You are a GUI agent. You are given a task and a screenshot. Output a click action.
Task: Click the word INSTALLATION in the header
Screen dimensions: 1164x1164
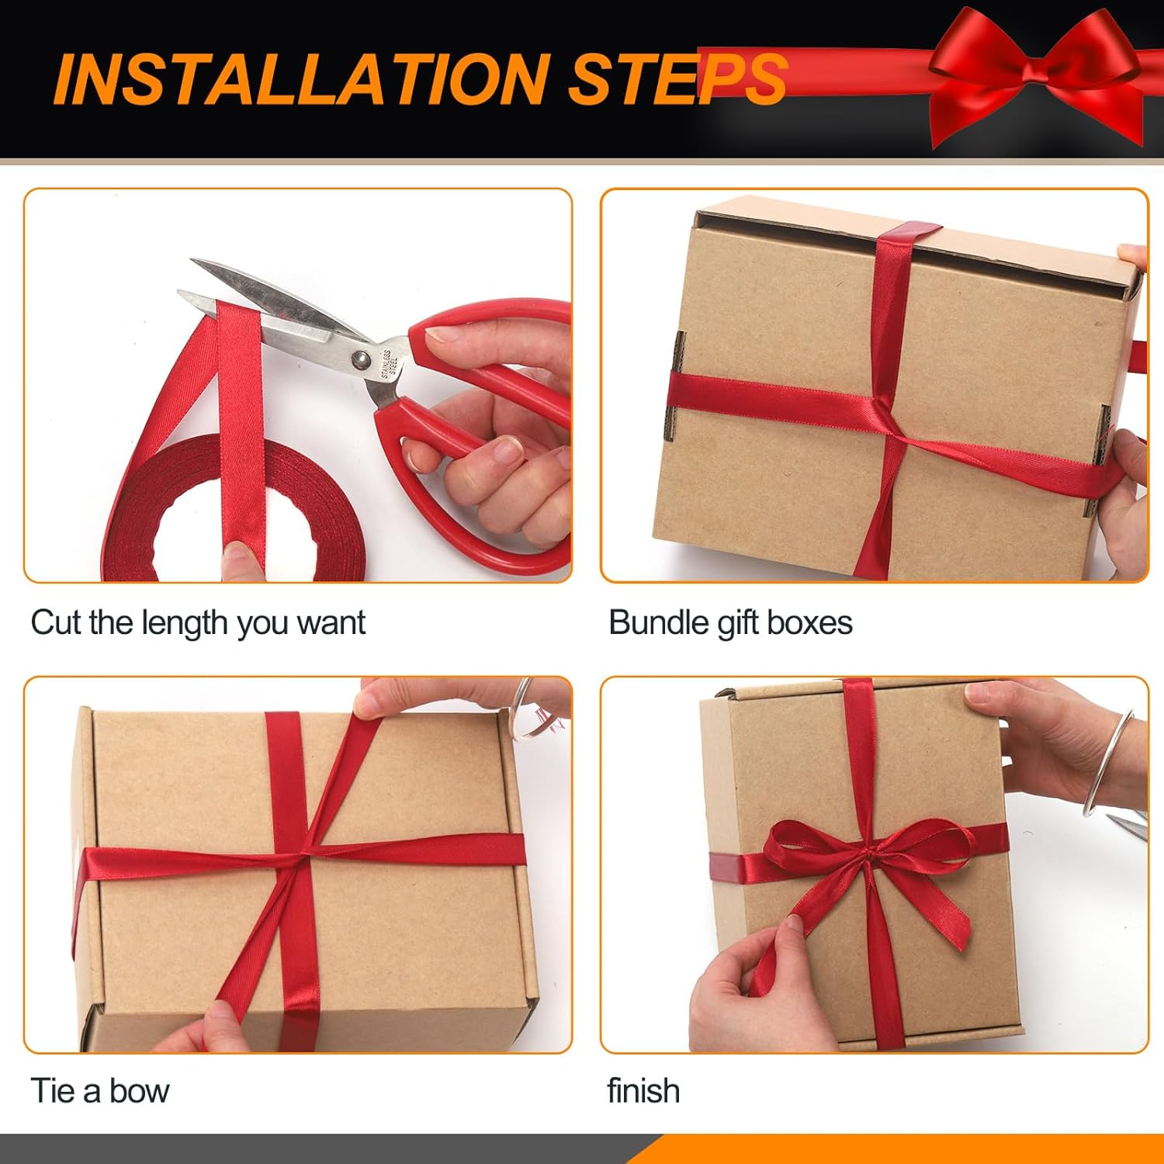click(302, 78)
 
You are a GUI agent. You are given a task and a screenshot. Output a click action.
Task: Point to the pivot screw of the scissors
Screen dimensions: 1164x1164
click(360, 359)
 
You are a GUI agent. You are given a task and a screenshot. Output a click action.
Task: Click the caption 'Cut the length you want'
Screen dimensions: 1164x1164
click(198, 623)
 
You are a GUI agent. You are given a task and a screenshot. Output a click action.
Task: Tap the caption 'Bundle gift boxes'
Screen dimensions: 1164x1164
click(730, 623)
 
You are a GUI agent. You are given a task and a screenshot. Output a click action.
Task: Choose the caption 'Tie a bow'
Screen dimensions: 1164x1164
click(100, 1091)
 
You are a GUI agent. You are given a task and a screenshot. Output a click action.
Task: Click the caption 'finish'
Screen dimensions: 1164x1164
click(643, 1091)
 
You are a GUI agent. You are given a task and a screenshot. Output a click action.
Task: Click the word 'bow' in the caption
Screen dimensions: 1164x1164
click(139, 1091)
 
